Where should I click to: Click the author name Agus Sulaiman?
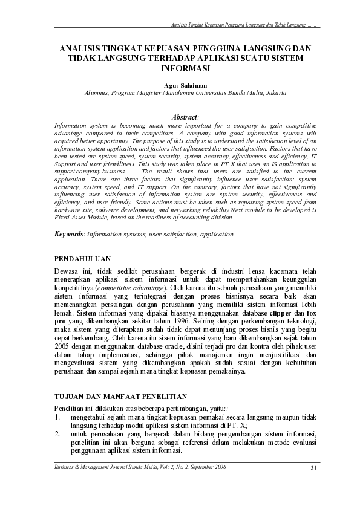point(180,86)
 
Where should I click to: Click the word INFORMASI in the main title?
point(180,68)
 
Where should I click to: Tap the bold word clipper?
point(280,314)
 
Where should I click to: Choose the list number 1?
point(57,417)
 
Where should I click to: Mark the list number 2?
point(57,434)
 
